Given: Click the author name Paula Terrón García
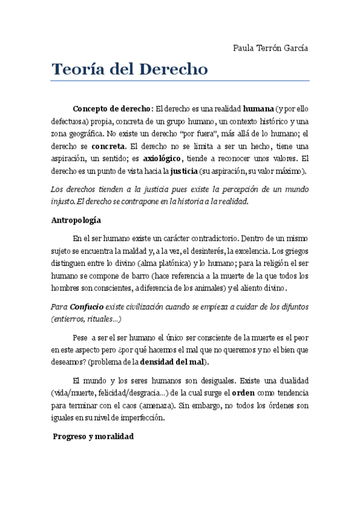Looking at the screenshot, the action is point(270,48).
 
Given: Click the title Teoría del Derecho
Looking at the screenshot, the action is point(130,69).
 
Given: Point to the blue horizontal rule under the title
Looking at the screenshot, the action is point(180,81).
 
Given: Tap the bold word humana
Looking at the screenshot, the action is point(258,109).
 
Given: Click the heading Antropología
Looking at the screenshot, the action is point(76,220).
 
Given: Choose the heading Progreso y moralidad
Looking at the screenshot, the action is point(93,435).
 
